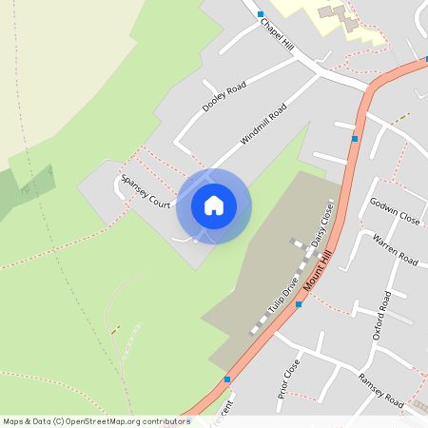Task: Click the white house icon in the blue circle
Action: pos(213,205)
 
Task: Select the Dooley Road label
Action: pos(224,97)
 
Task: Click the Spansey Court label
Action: pos(144,191)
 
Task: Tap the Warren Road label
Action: pos(395,248)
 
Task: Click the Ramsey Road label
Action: pos(380,386)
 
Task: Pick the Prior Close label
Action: pos(289,377)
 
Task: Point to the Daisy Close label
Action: pos(320,226)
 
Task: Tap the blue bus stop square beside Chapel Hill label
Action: pos(261,14)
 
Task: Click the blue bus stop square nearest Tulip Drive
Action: pos(298,305)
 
